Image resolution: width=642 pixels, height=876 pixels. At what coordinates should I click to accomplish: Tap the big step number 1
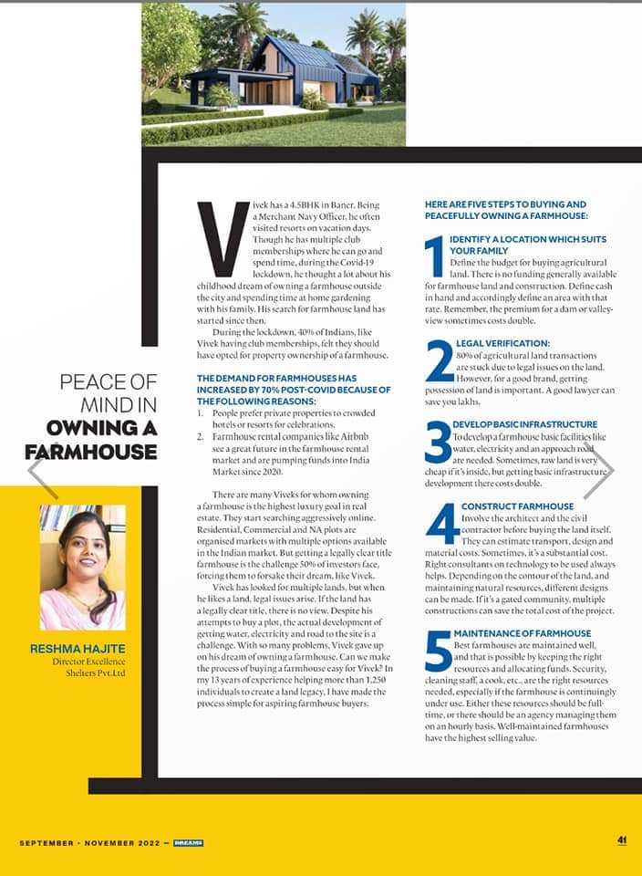coord(435,257)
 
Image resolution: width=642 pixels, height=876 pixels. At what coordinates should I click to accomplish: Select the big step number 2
coord(439,360)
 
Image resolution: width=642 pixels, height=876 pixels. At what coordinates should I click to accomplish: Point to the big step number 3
coord(438,443)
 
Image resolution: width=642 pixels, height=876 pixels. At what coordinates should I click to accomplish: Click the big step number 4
coord(442,524)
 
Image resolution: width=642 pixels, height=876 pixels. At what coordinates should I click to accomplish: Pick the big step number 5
coord(438,652)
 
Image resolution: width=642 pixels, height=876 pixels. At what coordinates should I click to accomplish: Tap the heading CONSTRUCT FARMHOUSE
coord(517,506)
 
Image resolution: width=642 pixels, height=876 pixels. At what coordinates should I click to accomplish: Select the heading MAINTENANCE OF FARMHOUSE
coord(522,633)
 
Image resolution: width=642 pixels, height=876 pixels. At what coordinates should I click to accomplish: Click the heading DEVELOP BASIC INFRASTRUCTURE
coord(524,424)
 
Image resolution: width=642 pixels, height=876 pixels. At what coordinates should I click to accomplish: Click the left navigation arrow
coord(42,472)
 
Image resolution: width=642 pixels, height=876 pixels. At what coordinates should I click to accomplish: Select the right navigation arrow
coord(599,472)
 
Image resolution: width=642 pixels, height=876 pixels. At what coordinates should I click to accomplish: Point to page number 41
coord(621,840)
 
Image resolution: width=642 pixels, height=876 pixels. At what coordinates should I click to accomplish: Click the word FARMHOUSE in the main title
coord(91,452)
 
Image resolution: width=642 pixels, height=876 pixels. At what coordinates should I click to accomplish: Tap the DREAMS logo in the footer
coord(188,842)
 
